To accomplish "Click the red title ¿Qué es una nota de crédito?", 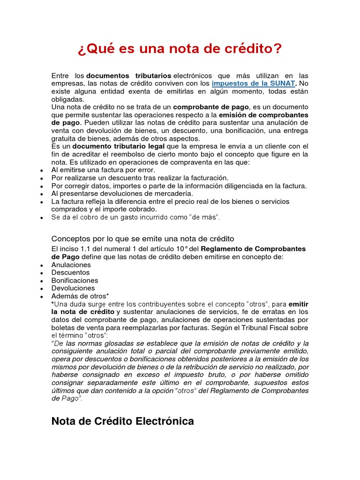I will [180, 48].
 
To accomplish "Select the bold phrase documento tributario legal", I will [119, 146].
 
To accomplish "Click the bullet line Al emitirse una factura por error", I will [103, 170].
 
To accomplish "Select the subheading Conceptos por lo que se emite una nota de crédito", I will [142, 239].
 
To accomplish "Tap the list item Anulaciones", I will [71, 265].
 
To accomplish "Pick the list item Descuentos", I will [70, 272].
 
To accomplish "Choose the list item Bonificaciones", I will [75, 280].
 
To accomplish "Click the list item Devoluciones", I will [73, 288].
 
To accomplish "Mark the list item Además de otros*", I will [80, 296].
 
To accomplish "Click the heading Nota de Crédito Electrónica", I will [122, 421].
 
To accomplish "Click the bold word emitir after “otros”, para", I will [298, 304].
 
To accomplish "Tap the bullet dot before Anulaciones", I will [42, 265].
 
